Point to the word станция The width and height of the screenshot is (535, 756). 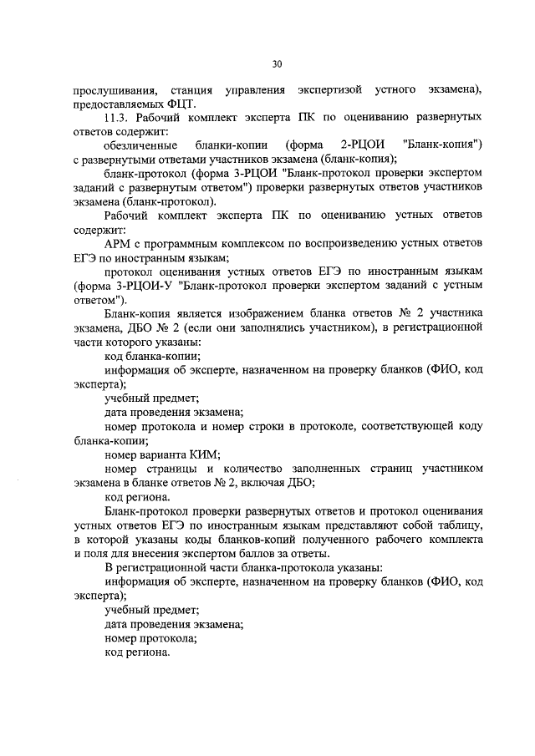pyautogui.click(x=191, y=89)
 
